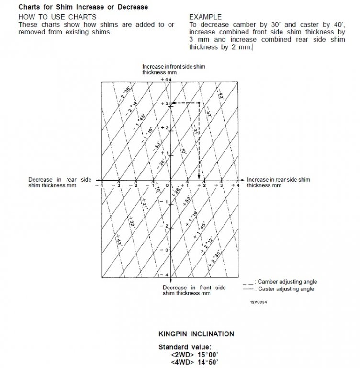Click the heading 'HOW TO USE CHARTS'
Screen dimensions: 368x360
(x=57, y=17)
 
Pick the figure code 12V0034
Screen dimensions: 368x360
(x=258, y=303)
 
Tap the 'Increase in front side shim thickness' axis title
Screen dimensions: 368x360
(x=173, y=69)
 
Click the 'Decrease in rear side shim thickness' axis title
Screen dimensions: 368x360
(x=60, y=182)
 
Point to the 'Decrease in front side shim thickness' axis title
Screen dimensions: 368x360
(x=194, y=290)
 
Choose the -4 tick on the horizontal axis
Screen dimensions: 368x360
(x=101, y=186)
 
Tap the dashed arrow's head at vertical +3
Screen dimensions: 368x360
(x=174, y=103)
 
